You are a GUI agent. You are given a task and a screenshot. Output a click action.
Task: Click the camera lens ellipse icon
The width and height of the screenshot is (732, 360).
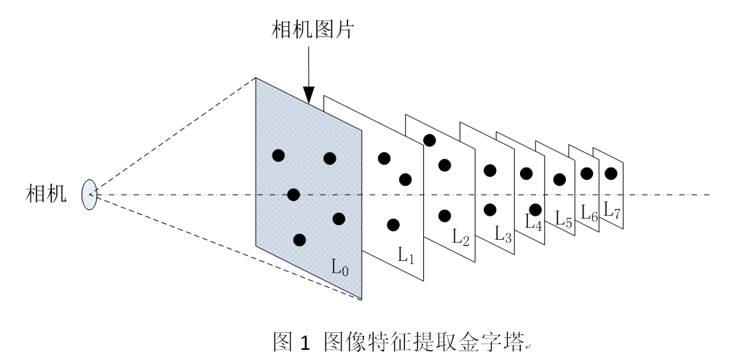[90, 195]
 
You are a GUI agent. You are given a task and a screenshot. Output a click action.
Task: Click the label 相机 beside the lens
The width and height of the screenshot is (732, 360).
[44, 194]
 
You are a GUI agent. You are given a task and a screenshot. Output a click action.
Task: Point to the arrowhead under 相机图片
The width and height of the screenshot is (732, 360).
[309, 95]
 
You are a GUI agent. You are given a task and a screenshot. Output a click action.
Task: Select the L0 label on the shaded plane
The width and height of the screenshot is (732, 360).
[340, 267]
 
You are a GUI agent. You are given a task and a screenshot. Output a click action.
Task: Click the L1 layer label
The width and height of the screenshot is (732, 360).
[406, 254]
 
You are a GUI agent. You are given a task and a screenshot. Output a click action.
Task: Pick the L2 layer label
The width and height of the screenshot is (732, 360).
[460, 236]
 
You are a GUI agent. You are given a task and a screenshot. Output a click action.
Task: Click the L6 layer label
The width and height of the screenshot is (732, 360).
[589, 213]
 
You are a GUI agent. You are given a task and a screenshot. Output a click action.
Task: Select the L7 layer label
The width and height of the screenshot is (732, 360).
[612, 211]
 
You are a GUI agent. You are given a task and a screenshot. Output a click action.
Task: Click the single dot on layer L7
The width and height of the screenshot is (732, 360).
[611, 173]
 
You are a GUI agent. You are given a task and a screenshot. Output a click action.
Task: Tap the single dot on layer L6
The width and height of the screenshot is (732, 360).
[586, 173]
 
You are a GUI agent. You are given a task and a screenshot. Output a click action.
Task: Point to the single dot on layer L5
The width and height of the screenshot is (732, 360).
[559, 179]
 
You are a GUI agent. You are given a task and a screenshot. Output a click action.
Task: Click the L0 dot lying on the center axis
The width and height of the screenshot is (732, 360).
[294, 195]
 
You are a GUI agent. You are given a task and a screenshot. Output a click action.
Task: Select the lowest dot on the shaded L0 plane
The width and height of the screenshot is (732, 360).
[299, 240]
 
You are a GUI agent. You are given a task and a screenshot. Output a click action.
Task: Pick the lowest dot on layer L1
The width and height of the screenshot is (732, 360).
[393, 224]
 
